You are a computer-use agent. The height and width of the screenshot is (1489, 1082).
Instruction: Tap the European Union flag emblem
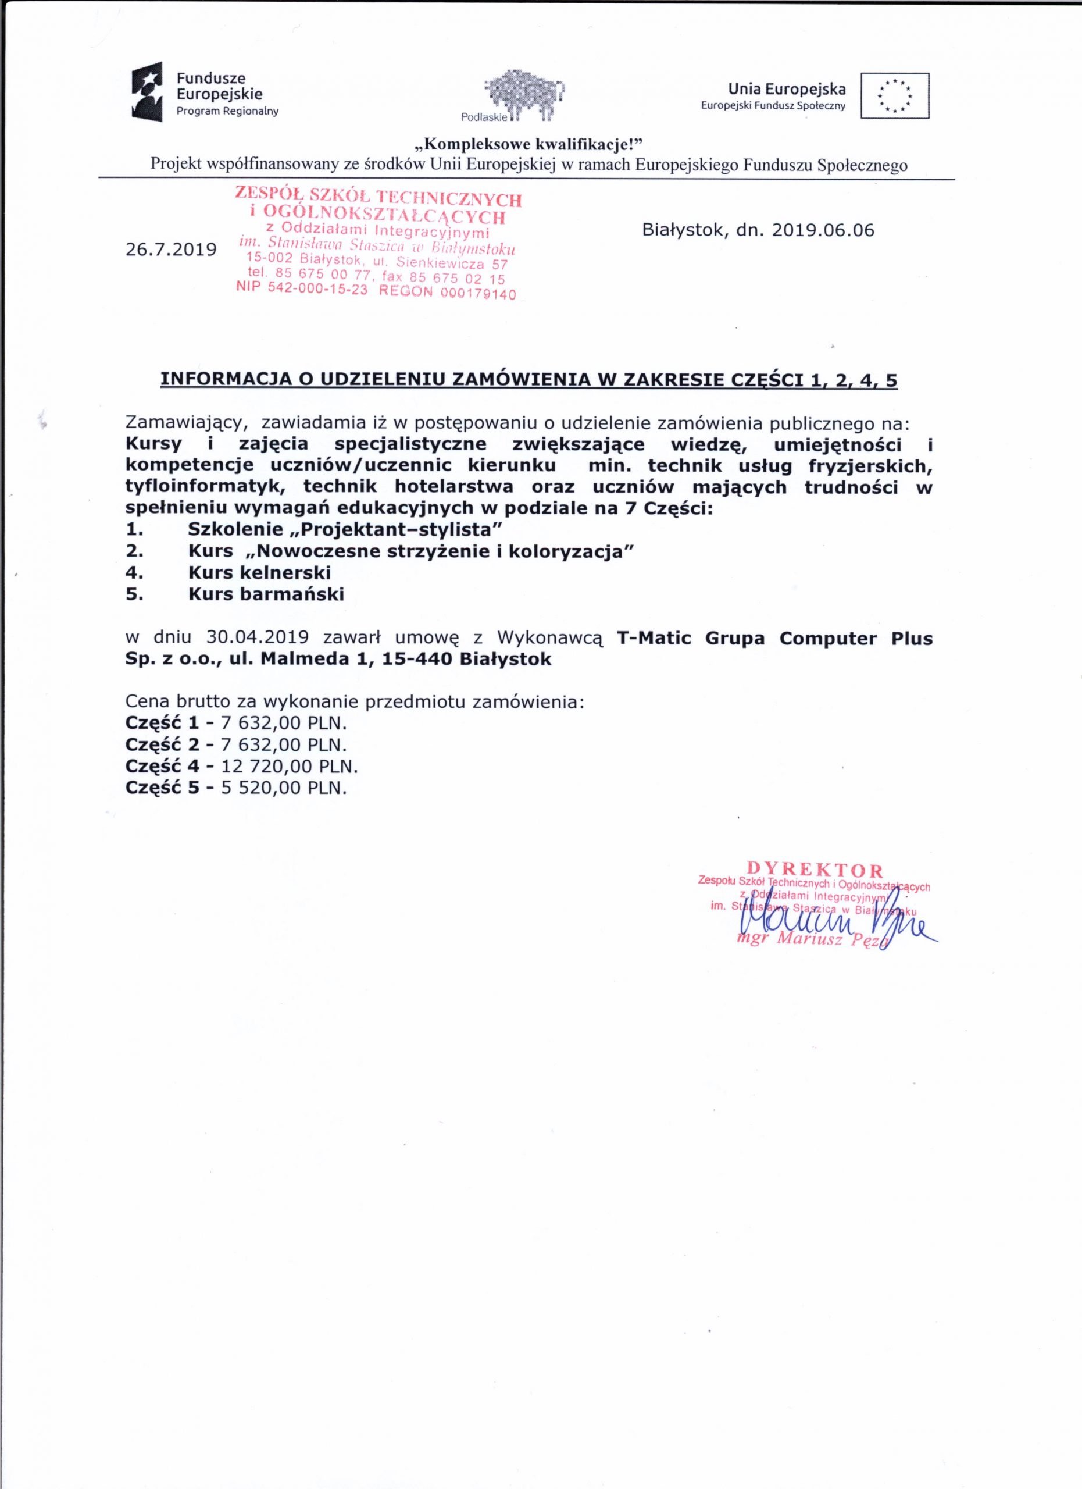pos(895,95)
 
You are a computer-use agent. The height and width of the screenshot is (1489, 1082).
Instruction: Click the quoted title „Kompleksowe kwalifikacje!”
pos(528,144)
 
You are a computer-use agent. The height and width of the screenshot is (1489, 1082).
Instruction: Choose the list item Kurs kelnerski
pos(259,572)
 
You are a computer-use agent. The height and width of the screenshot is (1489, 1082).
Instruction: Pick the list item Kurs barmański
pos(266,594)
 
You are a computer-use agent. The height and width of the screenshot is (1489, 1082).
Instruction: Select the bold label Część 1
pos(162,724)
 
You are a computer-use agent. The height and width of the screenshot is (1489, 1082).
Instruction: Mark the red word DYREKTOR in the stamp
pos(815,871)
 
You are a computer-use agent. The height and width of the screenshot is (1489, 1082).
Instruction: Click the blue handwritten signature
pos(833,926)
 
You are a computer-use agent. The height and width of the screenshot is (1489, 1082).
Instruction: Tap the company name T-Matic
pos(654,638)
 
